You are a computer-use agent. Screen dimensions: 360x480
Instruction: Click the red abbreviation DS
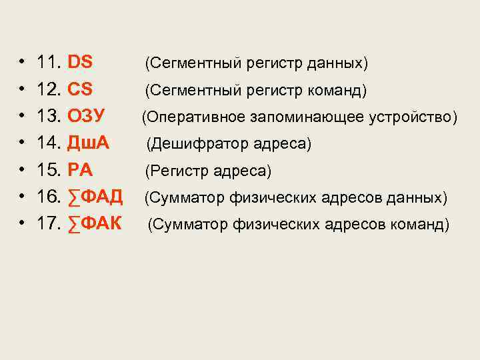click(80, 63)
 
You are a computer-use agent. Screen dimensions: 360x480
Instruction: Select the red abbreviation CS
click(80, 89)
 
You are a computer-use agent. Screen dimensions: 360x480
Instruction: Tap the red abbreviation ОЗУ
click(86, 116)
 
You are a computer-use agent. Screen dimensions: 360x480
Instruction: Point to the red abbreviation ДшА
click(89, 143)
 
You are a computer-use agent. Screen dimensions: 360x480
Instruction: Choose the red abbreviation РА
click(80, 170)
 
